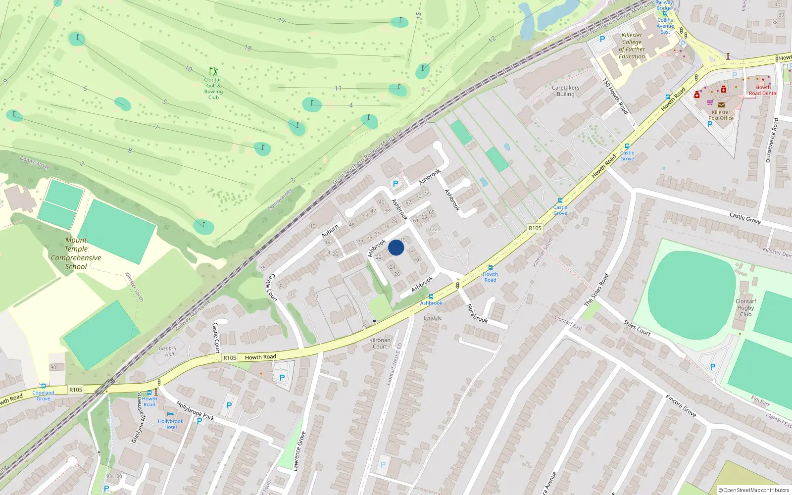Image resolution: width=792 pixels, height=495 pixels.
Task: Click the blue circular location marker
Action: (x=396, y=247)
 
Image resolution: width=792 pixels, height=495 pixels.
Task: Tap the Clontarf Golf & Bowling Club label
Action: (x=213, y=88)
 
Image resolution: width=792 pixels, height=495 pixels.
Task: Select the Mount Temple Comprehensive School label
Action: (x=76, y=253)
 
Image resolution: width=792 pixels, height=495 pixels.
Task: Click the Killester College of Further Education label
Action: (x=632, y=46)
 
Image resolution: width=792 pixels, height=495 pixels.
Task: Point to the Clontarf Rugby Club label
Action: (x=745, y=307)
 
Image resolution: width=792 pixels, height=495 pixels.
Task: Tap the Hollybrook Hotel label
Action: (x=170, y=424)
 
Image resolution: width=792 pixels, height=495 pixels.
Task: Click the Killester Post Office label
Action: (x=721, y=115)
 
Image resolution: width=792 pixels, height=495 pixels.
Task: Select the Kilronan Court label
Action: (x=380, y=343)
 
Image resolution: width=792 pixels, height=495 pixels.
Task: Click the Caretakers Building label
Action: (x=565, y=91)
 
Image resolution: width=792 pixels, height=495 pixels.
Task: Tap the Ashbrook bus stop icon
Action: (x=431, y=297)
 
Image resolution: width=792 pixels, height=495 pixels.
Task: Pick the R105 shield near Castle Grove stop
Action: (x=535, y=228)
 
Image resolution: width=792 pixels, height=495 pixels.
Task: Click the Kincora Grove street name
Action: (x=681, y=405)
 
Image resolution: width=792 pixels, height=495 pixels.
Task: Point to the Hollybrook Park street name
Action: (x=195, y=411)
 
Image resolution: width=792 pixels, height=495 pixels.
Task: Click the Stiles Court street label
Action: (x=637, y=328)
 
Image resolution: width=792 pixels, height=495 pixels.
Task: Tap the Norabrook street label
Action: (x=477, y=313)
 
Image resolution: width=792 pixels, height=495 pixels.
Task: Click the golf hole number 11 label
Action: (x=338, y=88)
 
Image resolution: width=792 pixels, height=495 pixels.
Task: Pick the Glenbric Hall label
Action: (x=168, y=351)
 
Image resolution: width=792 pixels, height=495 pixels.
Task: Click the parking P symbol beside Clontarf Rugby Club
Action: (x=713, y=367)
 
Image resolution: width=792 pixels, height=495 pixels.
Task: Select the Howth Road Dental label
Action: (x=763, y=90)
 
